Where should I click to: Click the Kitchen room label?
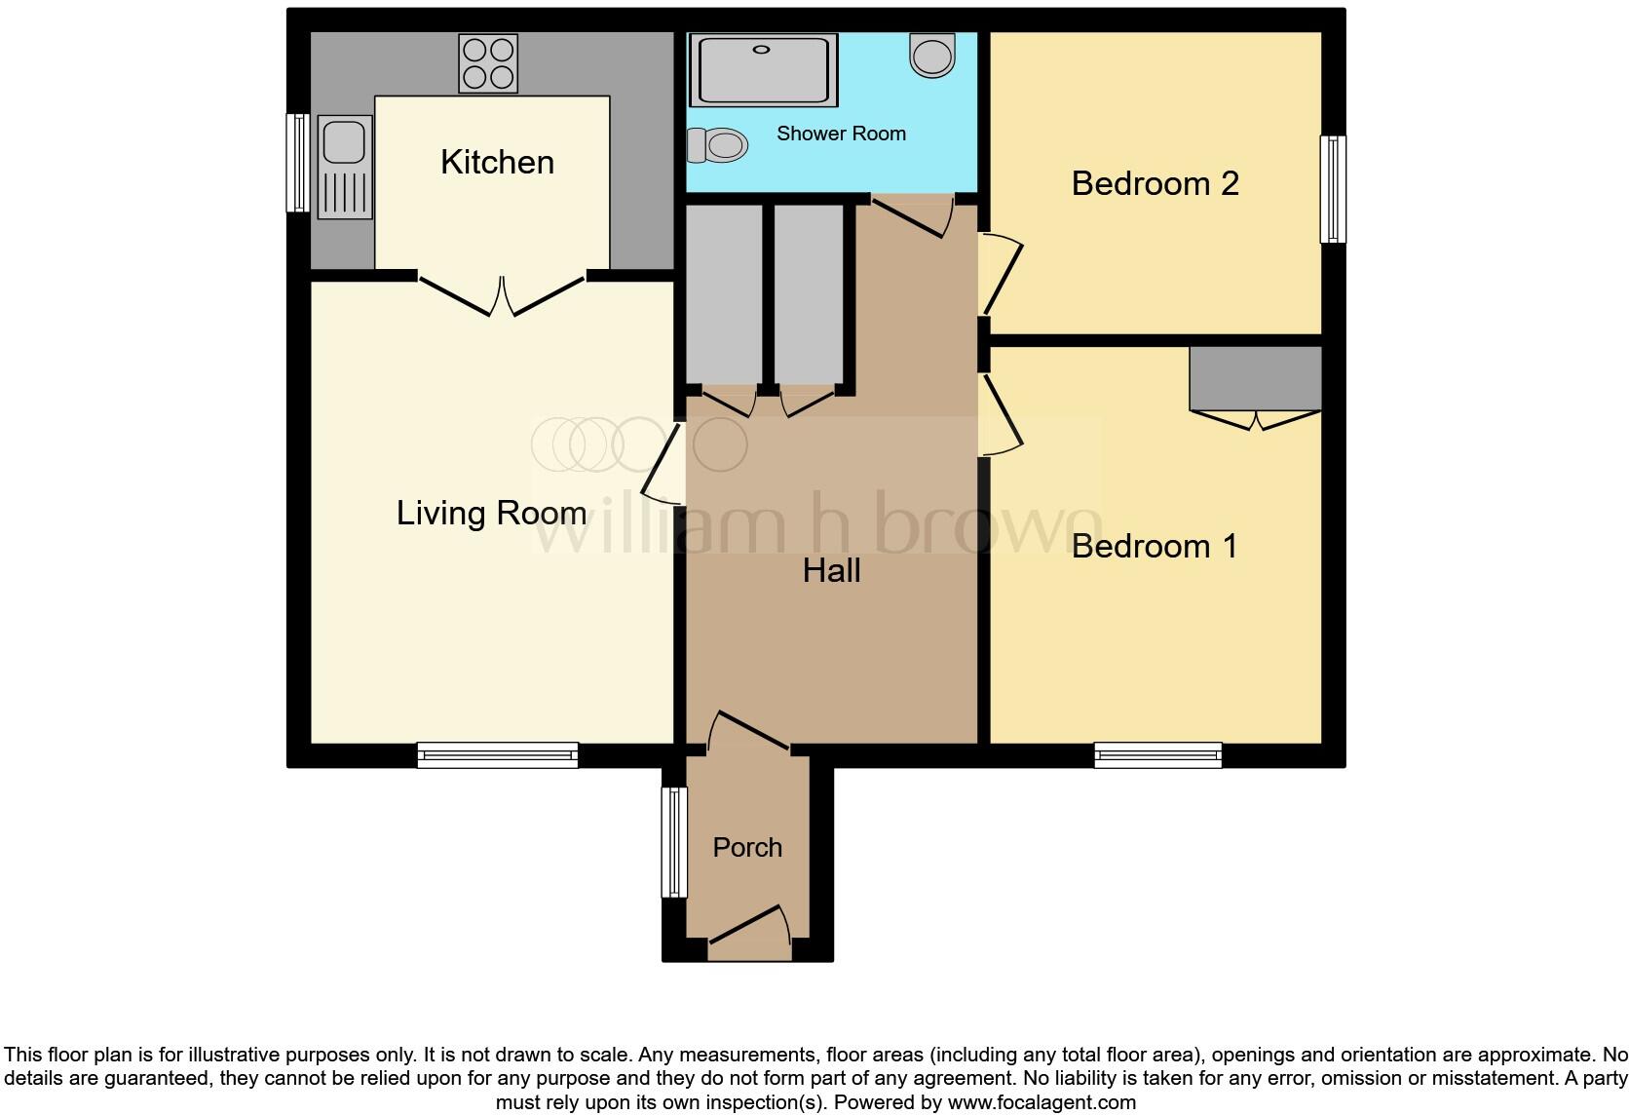pos(497,162)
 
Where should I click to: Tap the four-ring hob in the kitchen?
pos(488,63)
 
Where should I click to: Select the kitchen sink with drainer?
pos(344,167)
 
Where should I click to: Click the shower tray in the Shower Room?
pos(763,68)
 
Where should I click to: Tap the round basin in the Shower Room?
pos(932,55)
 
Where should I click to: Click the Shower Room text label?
pos(841,134)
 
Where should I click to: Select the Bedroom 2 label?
pos(1155,183)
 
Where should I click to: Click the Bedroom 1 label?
pos(1155,546)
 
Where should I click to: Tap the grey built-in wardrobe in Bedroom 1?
pos(1255,378)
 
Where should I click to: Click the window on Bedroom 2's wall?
pos(1333,189)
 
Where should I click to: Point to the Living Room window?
pos(497,754)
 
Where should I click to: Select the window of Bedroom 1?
pos(1157,754)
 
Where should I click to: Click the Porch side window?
pos(674,842)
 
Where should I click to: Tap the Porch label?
pos(747,848)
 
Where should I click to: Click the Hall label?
pos(831,571)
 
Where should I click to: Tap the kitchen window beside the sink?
pos(297,163)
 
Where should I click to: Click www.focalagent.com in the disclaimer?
pos(1042,1102)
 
